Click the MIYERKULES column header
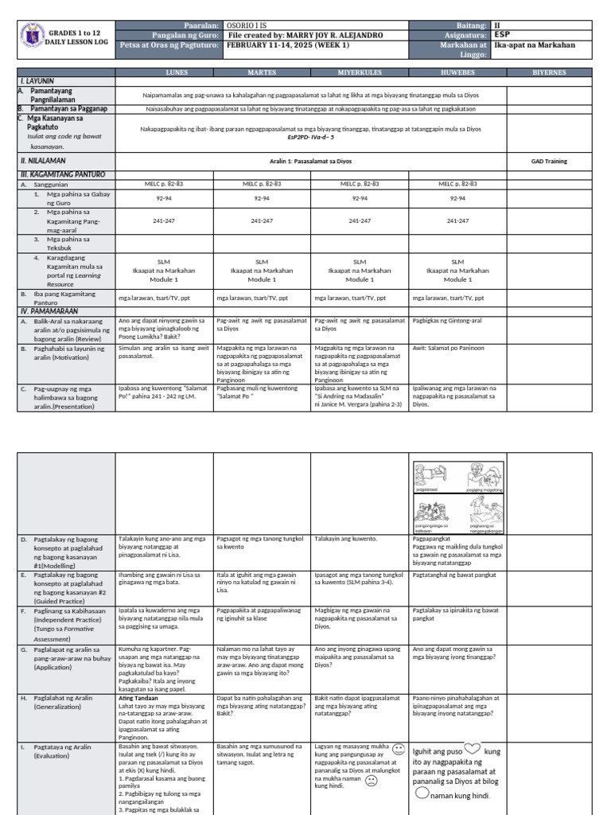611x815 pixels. pyautogui.click(x=360, y=72)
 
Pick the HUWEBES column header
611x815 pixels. pyautogui.click(x=457, y=72)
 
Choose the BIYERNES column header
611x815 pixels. pyautogui.click(x=549, y=72)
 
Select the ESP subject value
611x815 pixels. pyautogui.click(x=502, y=35)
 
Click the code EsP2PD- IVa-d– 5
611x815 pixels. pyautogui.click(x=310, y=137)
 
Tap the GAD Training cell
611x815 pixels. pyautogui.click(x=549, y=161)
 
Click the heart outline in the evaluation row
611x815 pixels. pyautogui.click(x=473, y=749)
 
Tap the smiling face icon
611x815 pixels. pyautogui.click(x=399, y=750)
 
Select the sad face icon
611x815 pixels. pyautogui.click(x=371, y=781)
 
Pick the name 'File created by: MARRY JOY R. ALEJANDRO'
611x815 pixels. pyautogui.click(x=305, y=35)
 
